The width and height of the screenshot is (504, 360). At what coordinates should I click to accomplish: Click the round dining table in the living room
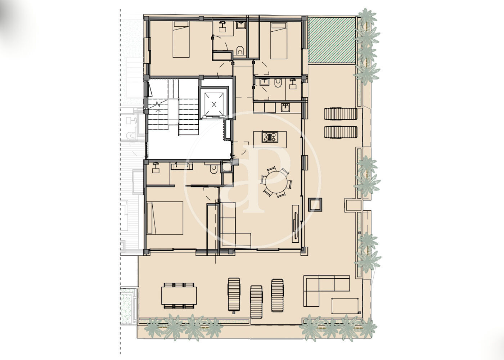pyautogui.click(x=276, y=182)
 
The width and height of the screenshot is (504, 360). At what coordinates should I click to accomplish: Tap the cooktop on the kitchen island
pyautogui.click(x=270, y=137)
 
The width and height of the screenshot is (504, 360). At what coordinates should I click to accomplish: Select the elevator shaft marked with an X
pyautogui.click(x=214, y=104)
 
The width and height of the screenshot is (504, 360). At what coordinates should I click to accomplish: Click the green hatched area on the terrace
pyautogui.click(x=332, y=40)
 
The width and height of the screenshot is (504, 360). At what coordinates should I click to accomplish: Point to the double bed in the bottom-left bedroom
pyautogui.click(x=165, y=218)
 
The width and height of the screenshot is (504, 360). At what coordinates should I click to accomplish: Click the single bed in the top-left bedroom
pyautogui.click(x=181, y=39)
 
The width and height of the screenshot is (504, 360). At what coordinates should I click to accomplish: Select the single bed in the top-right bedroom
pyautogui.click(x=279, y=40)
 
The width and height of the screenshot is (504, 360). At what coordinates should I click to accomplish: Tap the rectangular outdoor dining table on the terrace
pyautogui.click(x=179, y=296)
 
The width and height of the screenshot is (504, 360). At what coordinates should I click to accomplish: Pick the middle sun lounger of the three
pyautogui.click(x=256, y=302)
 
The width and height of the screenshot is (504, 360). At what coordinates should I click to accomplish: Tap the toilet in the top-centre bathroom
pyautogui.click(x=240, y=51)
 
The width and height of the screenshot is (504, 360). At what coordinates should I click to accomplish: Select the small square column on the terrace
pyautogui.click(x=315, y=204)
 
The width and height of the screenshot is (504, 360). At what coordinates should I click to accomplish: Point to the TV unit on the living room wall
pyautogui.click(x=296, y=224)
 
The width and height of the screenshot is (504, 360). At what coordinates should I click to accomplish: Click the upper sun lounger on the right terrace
pyautogui.click(x=341, y=114)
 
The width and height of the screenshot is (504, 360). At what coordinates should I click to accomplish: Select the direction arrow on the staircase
pyautogui.click(x=158, y=119)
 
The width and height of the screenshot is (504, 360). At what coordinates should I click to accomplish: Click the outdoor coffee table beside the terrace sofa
pyautogui.click(x=345, y=306)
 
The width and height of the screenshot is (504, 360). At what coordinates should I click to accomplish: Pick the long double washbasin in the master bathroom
pyautogui.click(x=182, y=166)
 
